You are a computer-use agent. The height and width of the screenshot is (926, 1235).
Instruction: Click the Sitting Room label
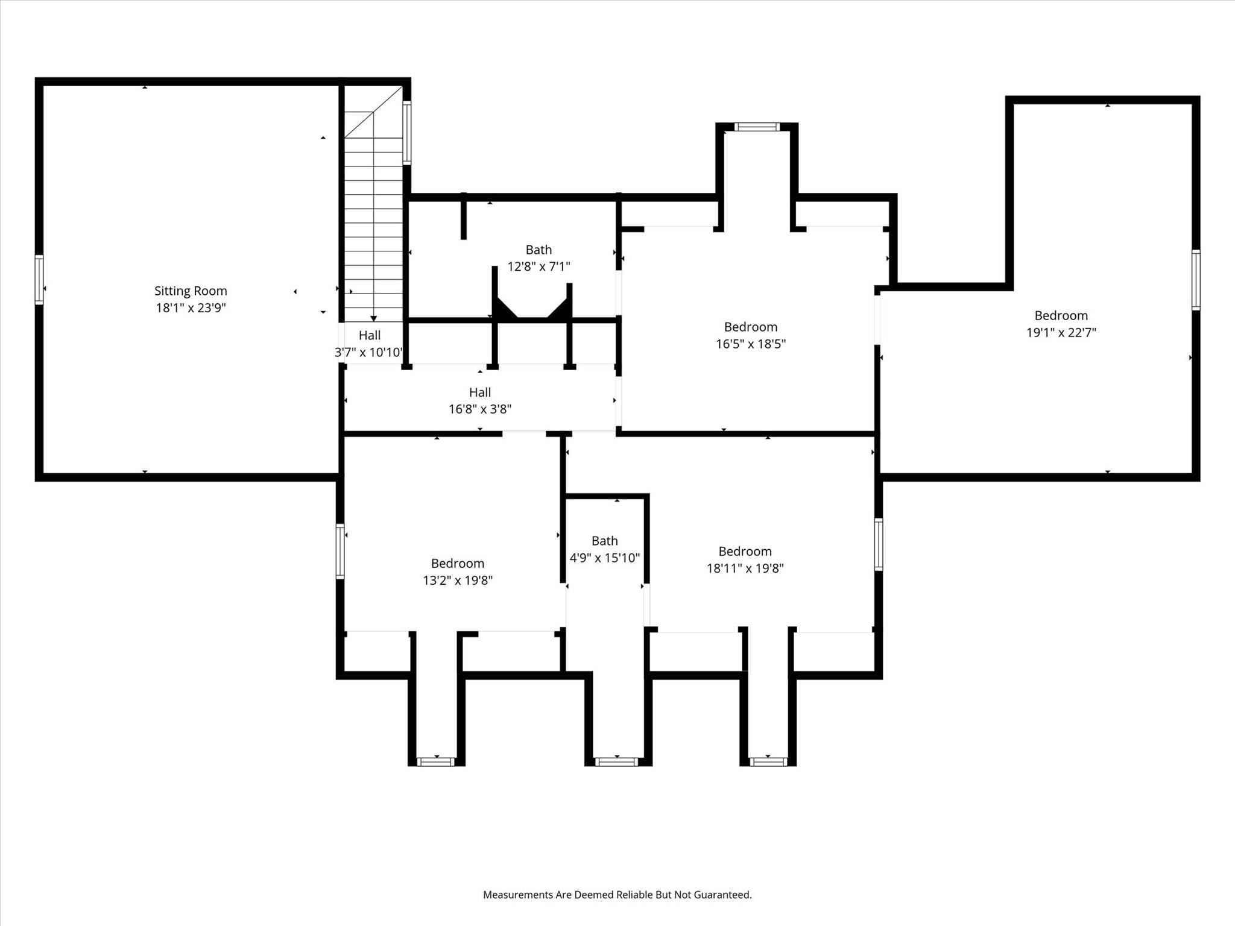(191, 291)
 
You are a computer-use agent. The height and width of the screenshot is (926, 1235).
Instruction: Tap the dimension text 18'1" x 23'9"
(191, 307)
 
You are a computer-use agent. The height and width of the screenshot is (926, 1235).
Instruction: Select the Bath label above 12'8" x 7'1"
(539, 250)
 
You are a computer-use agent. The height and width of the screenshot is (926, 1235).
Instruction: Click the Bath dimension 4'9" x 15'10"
(604, 558)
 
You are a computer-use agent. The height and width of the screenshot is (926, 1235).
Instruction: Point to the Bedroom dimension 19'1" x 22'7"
(1061, 332)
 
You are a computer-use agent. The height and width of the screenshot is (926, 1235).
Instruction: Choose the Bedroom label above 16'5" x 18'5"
(750, 327)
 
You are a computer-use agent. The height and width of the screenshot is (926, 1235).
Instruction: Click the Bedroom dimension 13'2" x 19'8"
(458, 580)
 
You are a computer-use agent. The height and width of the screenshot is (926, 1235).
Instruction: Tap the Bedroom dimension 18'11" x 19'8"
(745, 568)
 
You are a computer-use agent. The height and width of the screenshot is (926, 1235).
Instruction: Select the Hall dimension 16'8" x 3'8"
(480, 409)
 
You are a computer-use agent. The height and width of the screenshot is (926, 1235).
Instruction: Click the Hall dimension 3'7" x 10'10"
(368, 352)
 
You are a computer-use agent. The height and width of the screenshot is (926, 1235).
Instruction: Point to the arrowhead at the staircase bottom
(374, 318)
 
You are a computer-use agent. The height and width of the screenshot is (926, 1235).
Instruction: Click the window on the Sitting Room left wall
(39, 279)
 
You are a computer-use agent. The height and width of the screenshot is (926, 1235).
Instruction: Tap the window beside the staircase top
(407, 133)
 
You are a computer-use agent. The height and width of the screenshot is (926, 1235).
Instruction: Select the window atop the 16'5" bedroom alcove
(757, 127)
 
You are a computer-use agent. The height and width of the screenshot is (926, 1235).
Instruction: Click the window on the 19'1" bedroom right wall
(1195, 280)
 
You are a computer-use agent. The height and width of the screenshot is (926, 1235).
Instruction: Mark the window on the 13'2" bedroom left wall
(340, 551)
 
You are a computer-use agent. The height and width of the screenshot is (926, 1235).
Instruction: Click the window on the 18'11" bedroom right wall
(878, 544)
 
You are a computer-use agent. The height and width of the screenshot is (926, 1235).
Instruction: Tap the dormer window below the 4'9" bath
(616, 761)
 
